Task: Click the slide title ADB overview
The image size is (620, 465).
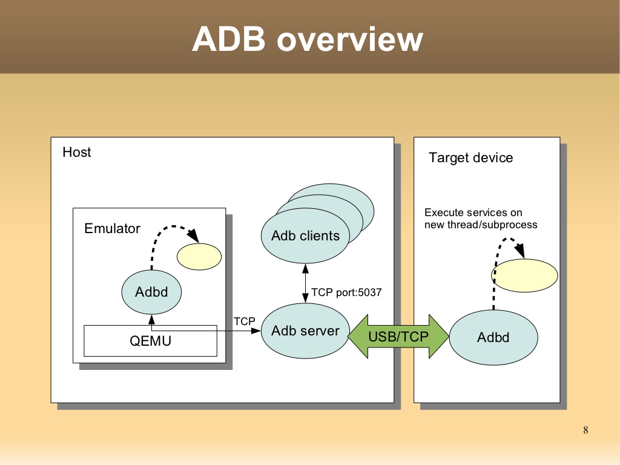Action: click(x=307, y=39)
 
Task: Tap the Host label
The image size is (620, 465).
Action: click(x=77, y=152)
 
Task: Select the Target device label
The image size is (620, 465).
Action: click(x=470, y=158)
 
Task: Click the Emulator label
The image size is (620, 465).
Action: click(x=112, y=229)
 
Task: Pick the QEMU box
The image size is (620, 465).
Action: click(x=150, y=341)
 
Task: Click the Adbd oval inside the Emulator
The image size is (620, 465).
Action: click(x=151, y=292)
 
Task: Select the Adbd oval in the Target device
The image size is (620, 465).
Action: click(x=493, y=338)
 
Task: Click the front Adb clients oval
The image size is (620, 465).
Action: click(x=305, y=236)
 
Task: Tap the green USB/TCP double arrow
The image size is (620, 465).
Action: click(x=398, y=337)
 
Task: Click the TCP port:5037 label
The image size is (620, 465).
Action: click(x=346, y=293)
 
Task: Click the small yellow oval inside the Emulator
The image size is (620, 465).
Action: click(x=199, y=256)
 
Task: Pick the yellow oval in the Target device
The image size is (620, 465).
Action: click(x=524, y=275)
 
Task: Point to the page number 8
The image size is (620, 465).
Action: click(x=585, y=430)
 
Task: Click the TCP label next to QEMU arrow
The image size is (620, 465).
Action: click(x=245, y=320)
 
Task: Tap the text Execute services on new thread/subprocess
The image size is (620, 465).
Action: click(x=481, y=219)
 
